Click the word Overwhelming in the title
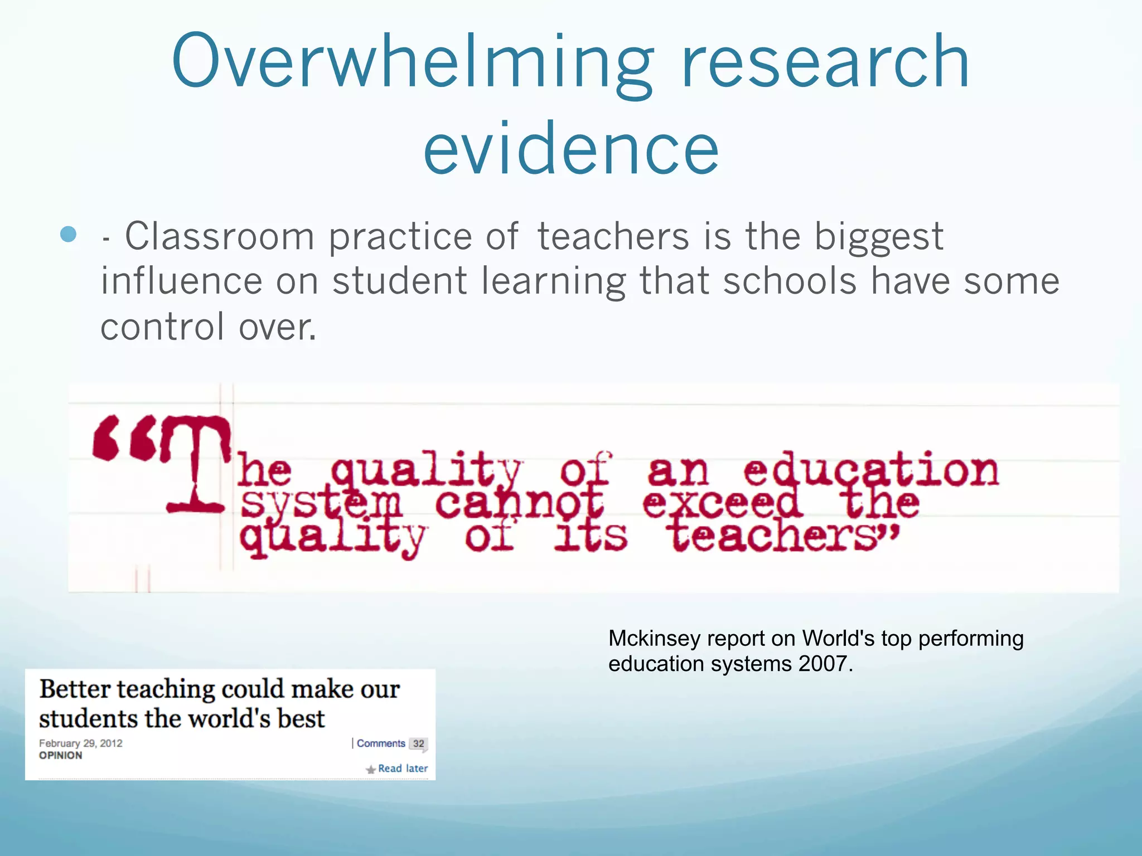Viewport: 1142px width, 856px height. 413,62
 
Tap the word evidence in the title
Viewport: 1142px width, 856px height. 571,148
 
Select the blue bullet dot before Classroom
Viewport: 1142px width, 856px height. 68,235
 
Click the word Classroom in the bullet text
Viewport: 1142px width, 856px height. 220,236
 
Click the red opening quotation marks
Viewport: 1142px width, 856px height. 124,438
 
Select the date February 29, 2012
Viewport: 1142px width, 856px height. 81,743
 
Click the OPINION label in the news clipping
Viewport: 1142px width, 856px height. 60,756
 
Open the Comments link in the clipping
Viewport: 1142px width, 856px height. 381,743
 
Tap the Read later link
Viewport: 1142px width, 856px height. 402,769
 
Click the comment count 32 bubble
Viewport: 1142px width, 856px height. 418,744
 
